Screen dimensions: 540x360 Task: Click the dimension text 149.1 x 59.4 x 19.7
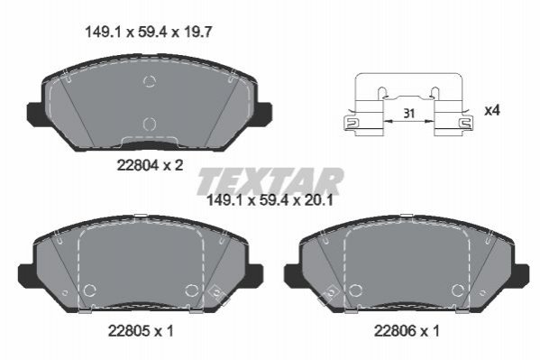pyautogui.click(x=148, y=32)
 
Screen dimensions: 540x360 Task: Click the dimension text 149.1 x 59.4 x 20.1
pyautogui.click(x=270, y=200)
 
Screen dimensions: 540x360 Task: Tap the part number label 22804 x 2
pyautogui.click(x=150, y=165)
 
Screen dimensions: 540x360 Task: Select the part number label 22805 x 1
pyautogui.click(x=141, y=331)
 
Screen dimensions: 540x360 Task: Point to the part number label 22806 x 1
pyautogui.click(x=407, y=331)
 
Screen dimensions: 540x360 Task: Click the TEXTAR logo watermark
pyautogui.click(x=270, y=180)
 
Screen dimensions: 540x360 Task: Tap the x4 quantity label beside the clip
pyautogui.click(x=492, y=111)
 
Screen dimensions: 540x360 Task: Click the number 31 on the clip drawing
pyautogui.click(x=408, y=113)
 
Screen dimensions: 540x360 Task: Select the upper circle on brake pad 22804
pyautogui.click(x=150, y=81)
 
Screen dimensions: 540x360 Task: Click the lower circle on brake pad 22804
pyautogui.click(x=150, y=125)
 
